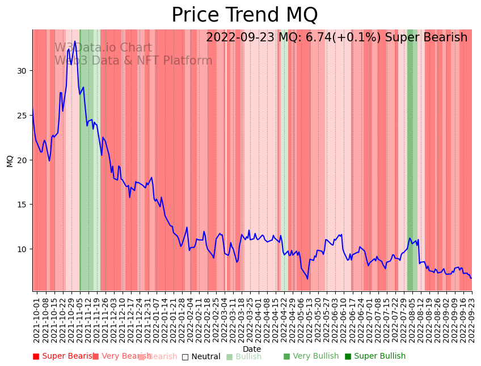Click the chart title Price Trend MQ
[x=244, y=15]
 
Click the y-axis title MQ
[x=10, y=160]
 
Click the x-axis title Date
[x=252, y=349]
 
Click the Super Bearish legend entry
[x=63, y=356]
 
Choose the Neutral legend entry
[x=201, y=356]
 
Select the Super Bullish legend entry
[x=375, y=356]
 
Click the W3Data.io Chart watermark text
[x=103, y=48]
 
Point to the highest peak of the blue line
[x=75, y=41]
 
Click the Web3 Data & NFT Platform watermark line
[x=133, y=61]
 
